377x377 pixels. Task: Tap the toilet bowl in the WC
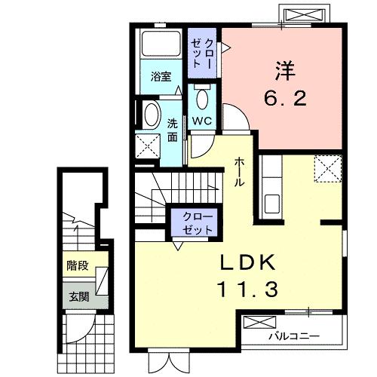[201, 98]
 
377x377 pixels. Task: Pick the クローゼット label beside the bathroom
[201, 53]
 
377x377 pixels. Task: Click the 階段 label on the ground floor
[78, 265]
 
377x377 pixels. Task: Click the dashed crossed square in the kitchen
[327, 167]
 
